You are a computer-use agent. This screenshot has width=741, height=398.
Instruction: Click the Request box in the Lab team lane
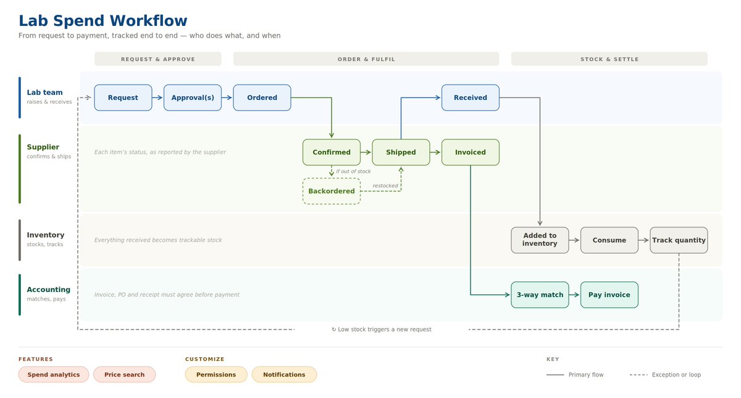(x=123, y=97)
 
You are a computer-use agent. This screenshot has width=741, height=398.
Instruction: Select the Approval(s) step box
(x=193, y=97)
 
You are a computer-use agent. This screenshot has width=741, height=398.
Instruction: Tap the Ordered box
(x=262, y=97)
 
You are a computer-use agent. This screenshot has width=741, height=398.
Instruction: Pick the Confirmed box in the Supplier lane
(x=332, y=152)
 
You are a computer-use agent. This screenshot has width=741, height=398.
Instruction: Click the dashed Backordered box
(x=332, y=191)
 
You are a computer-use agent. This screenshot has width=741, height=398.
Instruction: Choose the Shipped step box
(x=401, y=152)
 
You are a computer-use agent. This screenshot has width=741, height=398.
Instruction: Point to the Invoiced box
(x=471, y=152)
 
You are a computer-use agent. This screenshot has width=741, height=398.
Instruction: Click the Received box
(x=471, y=97)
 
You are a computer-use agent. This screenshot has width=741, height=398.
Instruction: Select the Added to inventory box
(x=540, y=240)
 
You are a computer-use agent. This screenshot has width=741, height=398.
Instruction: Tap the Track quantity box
(x=679, y=240)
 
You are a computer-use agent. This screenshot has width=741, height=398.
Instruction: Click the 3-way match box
(x=540, y=294)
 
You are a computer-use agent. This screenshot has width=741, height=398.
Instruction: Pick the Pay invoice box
(x=609, y=294)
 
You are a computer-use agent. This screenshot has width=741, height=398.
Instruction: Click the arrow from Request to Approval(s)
(x=157, y=97)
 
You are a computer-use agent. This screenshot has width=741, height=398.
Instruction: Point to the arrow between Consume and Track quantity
(x=643, y=240)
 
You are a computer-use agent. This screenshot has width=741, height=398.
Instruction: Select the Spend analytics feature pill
(x=54, y=375)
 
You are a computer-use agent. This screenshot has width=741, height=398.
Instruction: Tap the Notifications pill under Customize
(x=284, y=375)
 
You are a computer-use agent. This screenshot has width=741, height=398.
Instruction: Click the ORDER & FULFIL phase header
(x=366, y=59)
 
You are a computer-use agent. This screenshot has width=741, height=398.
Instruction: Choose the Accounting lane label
(x=49, y=289)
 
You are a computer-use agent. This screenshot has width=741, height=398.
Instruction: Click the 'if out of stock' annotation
(x=353, y=172)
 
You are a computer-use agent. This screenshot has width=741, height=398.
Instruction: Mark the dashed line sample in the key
(x=638, y=375)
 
